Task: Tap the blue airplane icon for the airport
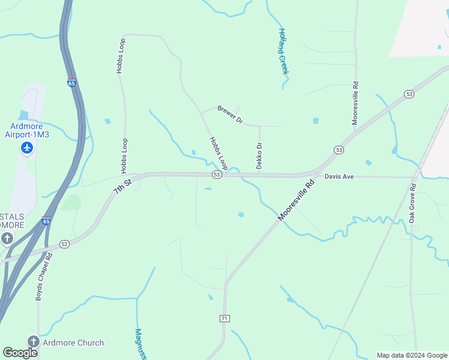[x=27, y=148]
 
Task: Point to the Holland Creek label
[x=283, y=52]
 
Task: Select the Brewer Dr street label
[x=230, y=115]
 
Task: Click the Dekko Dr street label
[x=259, y=155]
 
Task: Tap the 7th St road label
[x=122, y=184]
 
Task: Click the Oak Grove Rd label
[x=412, y=205]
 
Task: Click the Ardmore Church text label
[x=73, y=343]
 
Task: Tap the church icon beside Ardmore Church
[x=33, y=342]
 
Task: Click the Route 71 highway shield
[x=224, y=318]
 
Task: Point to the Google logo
[x=20, y=352]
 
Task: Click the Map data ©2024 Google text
[x=412, y=355]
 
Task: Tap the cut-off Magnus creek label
[x=140, y=343]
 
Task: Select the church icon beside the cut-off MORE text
[x=7, y=239]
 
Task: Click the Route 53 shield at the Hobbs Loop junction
[x=217, y=175]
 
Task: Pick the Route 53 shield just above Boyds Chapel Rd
[x=64, y=244]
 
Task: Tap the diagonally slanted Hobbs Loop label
[x=218, y=152]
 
